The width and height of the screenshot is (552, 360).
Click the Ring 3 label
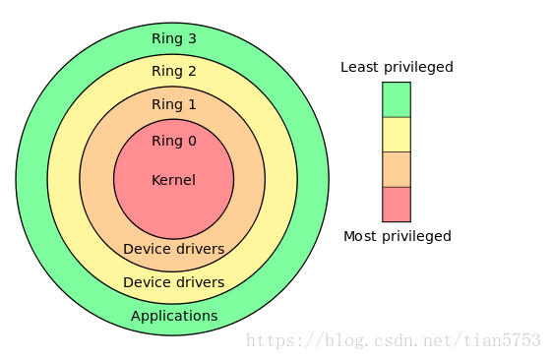click(x=173, y=39)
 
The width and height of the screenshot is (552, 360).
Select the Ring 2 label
click(x=173, y=71)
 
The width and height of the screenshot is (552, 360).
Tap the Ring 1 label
click(x=173, y=104)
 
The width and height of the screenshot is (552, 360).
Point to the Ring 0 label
click(x=173, y=141)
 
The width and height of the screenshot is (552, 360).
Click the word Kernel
click(x=173, y=180)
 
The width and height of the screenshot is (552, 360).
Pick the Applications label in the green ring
click(x=174, y=316)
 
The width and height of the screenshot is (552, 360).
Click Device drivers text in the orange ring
click(x=173, y=249)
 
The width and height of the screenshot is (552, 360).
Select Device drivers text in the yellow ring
click(x=173, y=282)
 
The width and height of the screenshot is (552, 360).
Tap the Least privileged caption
click(x=397, y=68)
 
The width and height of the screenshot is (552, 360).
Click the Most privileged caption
click(x=397, y=236)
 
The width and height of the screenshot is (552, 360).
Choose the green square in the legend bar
click(x=397, y=99)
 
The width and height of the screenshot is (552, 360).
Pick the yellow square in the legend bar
click(x=397, y=135)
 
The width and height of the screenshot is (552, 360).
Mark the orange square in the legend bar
click(x=397, y=169)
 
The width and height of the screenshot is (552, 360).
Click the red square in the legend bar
click(x=397, y=204)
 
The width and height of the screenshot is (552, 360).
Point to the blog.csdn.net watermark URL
click(x=393, y=340)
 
